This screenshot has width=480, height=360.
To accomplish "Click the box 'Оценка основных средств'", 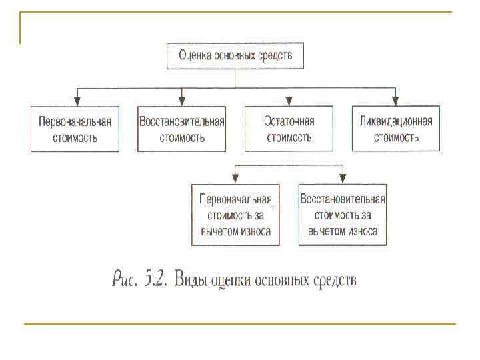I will coord(235,56).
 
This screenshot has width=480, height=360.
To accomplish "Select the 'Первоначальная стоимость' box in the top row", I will coord(75,129).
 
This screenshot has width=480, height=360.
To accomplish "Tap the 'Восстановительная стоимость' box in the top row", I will coord(181,129).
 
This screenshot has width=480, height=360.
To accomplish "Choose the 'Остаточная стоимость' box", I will coord(289,129).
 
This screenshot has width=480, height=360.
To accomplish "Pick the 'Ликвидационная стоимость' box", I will coord(395,129).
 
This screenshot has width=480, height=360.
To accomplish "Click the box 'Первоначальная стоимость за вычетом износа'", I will coord(235,215).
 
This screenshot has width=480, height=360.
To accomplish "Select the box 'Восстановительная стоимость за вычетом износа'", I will coord(343,215).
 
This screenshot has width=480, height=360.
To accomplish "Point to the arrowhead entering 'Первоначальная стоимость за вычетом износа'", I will coord(235,179).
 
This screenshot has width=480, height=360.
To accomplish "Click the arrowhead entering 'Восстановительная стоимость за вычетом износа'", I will coord(343,179).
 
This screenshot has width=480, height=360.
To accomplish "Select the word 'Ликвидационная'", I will coord(396,121).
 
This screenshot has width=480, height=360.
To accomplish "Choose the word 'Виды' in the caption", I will coord(189,279).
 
